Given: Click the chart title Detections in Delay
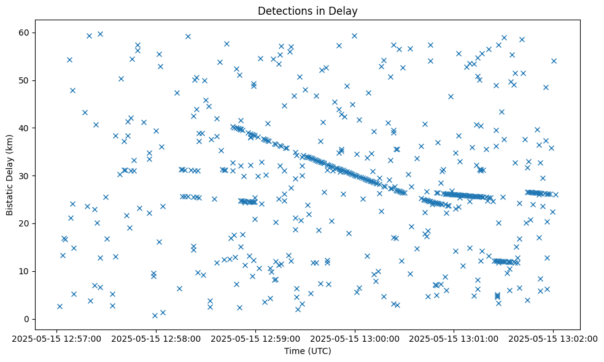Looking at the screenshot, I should coord(308,11).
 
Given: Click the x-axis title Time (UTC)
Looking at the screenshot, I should coord(308,351).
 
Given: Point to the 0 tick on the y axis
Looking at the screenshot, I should coord(27,319).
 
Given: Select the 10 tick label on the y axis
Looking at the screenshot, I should coord(25,271).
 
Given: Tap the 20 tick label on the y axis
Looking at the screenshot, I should coord(25,223).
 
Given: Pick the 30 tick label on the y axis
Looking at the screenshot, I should coord(25,175).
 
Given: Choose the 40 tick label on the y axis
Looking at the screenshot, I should coord(25,128).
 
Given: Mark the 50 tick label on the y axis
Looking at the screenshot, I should coord(25,80).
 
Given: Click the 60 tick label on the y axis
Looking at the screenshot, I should coord(25,32).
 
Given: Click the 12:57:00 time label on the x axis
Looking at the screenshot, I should coord(56,338).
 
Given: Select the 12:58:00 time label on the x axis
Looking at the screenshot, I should coord(156,338).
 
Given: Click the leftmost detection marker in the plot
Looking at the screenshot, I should coord(60,306).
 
